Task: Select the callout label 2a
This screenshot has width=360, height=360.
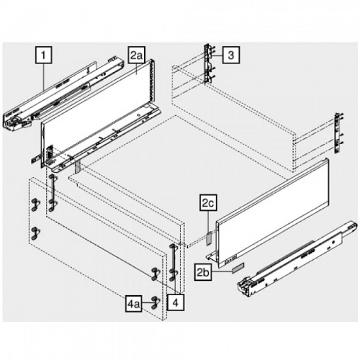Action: click(136, 55)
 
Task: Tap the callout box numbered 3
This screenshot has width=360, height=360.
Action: click(231, 55)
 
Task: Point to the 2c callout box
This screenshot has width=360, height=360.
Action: click(208, 204)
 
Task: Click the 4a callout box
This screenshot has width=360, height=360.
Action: click(133, 303)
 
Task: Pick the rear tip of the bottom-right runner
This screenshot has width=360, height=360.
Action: click(354, 226)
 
